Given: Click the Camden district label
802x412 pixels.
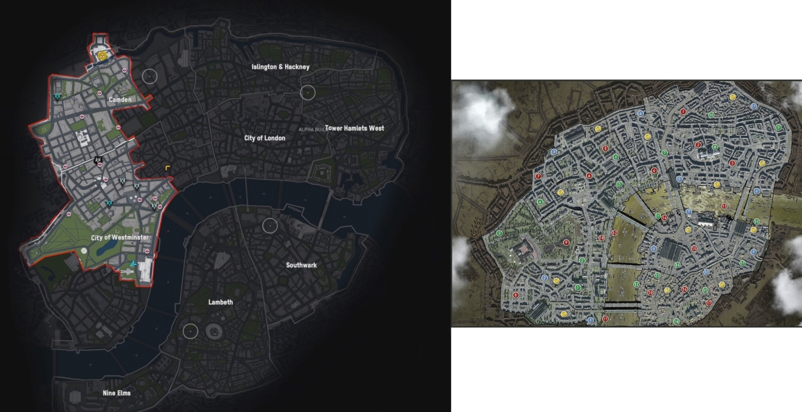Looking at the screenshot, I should tap(120, 99).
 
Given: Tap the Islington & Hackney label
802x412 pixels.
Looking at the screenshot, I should tap(280, 67).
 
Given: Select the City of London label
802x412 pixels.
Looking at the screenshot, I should tap(264, 138).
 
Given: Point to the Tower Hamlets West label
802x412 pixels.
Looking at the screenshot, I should tap(354, 128).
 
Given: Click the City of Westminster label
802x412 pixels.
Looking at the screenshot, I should tap(120, 237).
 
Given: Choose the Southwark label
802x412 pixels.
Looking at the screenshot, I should tap(301, 265).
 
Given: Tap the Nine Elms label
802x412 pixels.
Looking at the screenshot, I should tap(117, 393).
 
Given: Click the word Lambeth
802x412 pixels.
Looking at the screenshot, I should tap(220, 302).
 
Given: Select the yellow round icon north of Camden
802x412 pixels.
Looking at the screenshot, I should tap(102, 55).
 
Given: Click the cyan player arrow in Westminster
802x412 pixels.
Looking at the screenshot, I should tap(133, 263).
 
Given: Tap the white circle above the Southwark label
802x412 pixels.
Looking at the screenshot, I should tap(270, 225).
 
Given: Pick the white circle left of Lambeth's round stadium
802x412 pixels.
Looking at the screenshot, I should tap(190, 331).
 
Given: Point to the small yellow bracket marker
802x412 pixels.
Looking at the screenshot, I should tap(167, 168).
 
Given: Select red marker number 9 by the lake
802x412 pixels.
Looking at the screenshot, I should tap(566, 243).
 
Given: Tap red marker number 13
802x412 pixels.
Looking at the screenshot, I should tap(724, 206).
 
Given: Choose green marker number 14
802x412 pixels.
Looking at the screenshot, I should tap(676, 322).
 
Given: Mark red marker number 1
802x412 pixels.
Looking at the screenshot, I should tap(683, 112).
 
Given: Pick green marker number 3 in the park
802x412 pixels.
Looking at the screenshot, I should tap(499, 233).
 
